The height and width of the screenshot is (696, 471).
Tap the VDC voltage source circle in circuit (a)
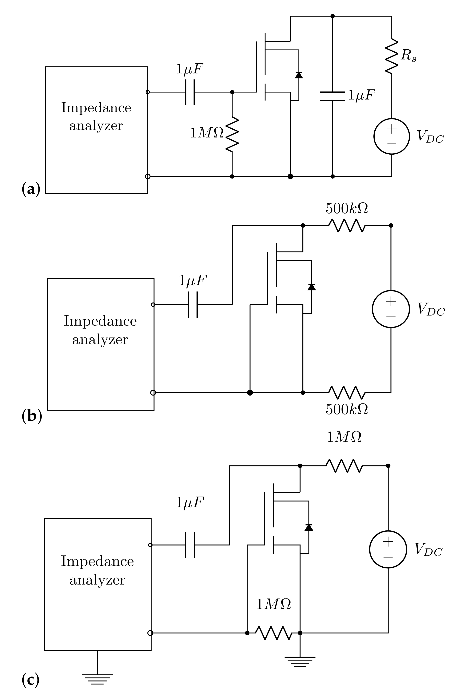pos(391,136)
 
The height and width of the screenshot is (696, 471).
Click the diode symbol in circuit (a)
pos(299,75)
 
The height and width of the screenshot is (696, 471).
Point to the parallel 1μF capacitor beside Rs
pos(332,96)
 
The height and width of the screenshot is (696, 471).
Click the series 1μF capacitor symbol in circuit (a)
pos(190,92)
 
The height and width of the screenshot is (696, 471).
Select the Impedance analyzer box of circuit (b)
pos(100,344)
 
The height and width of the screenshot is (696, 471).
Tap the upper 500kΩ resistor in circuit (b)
pos(347,225)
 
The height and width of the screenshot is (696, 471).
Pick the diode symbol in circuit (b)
pos(312,287)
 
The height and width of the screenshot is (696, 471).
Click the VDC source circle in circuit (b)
pos(391,309)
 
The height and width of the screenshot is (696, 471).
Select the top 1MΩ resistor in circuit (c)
pos(344,466)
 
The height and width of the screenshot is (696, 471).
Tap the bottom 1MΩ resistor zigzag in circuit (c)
pos(273,633)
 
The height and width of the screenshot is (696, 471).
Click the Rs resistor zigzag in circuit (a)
pos(391,56)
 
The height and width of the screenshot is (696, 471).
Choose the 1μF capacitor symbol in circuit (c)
pos(190,545)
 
